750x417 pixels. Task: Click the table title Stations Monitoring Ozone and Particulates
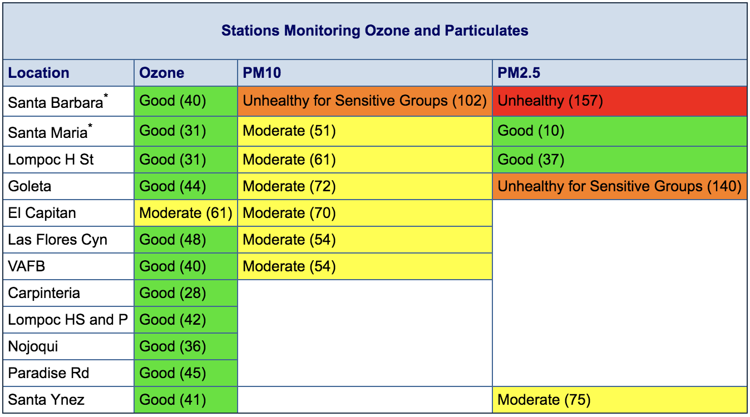tap(374, 31)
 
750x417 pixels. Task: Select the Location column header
tap(38, 73)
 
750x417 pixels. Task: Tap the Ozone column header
tap(162, 73)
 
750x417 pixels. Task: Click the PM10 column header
tap(262, 73)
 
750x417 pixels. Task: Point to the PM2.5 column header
tap(519, 73)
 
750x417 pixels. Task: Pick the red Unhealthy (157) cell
tap(619, 101)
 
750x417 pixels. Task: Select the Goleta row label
tap(29, 186)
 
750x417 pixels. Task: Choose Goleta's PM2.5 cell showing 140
tap(619, 186)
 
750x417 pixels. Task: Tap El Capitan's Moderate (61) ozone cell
tap(186, 213)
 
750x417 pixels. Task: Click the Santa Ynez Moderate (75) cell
tap(619, 400)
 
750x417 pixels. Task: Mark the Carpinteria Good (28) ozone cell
tap(186, 293)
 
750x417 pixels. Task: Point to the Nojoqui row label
tap(33, 346)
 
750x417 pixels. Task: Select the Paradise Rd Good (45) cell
tap(186, 373)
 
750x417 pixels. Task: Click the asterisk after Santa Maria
tap(90, 126)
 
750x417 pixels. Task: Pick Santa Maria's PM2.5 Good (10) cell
tap(619, 131)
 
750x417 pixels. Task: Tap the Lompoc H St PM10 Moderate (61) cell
tap(364, 160)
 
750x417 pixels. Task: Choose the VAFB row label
tap(27, 266)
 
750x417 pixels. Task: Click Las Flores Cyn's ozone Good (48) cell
tap(186, 240)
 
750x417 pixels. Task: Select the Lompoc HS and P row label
tap(68, 320)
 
